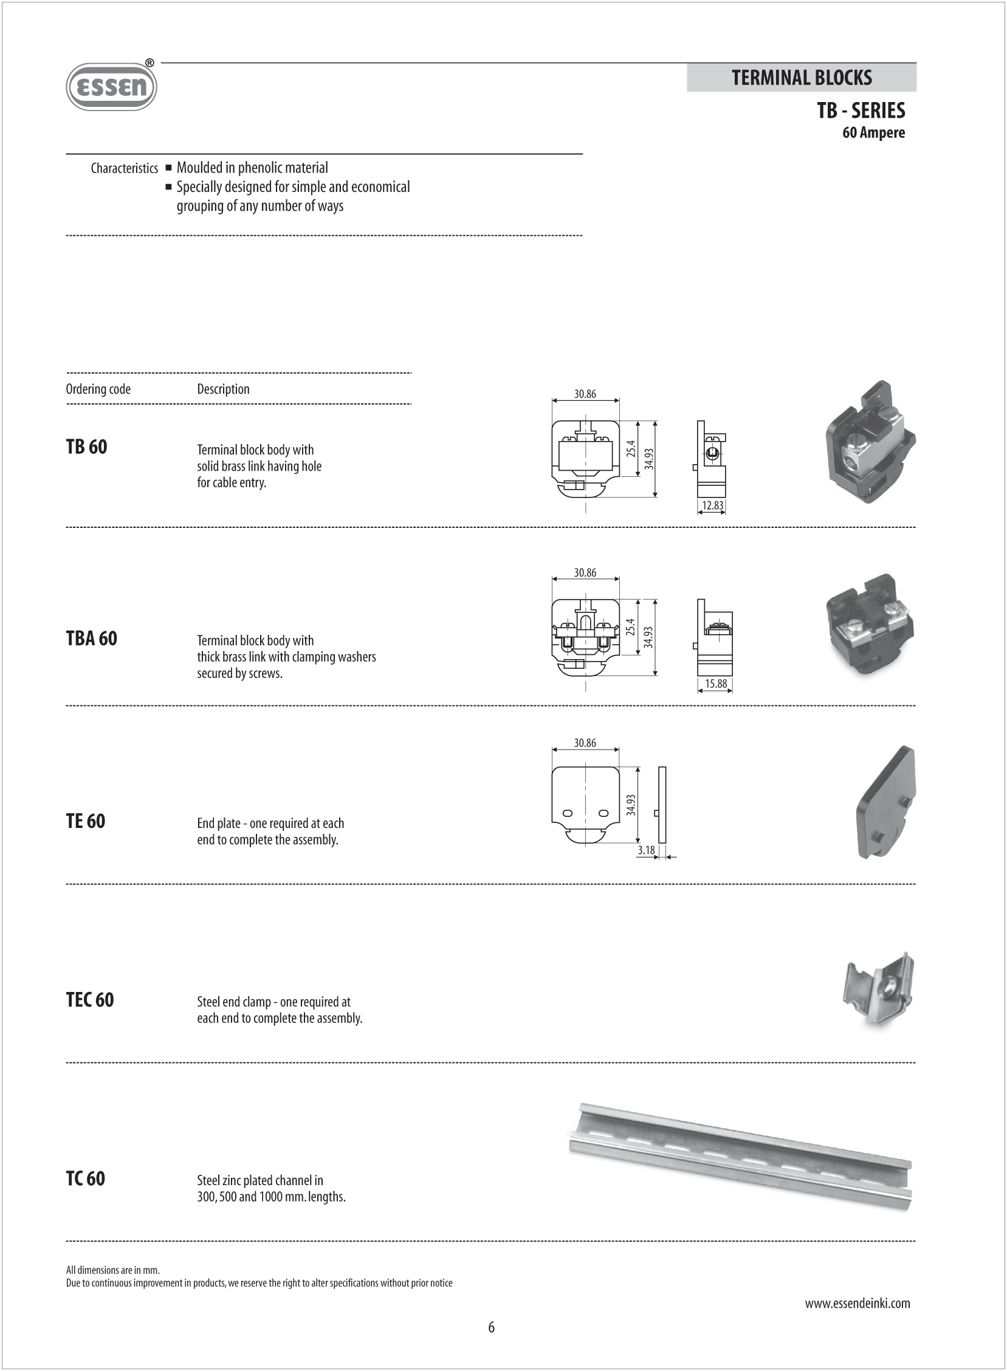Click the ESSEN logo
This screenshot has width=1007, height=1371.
tap(111, 86)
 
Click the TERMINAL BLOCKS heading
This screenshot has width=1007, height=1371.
tap(801, 78)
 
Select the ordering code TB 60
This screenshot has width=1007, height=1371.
tap(86, 447)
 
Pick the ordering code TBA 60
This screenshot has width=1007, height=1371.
tap(91, 638)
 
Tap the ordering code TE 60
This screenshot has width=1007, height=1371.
tap(85, 821)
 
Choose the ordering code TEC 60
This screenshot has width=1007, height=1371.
tap(89, 1000)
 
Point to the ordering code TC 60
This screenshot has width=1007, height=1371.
tap(85, 1178)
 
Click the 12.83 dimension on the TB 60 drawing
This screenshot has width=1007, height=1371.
tap(712, 505)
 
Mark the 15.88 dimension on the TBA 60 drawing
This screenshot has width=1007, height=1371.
tap(716, 683)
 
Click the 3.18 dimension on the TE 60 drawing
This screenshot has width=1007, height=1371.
tap(646, 850)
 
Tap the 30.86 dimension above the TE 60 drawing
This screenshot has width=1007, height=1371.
tap(585, 743)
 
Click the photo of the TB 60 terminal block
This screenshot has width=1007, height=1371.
tap(870, 442)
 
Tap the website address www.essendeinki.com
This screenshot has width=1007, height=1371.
tap(857, 1304)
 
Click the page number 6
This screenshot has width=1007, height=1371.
tap(491, 1327)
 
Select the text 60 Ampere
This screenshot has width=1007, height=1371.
tap(873, 133)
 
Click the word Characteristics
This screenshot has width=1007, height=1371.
tap(124, 168)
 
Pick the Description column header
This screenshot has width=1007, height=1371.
tap(223, 389)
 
